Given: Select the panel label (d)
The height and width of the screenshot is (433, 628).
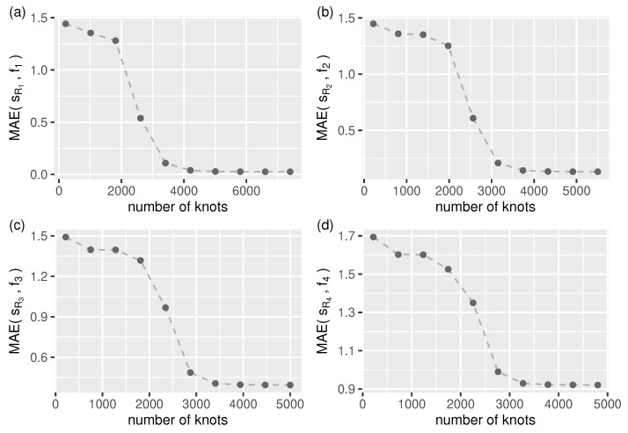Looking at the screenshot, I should point(325,223).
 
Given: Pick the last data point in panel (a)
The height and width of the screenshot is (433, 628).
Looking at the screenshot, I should point(289,172).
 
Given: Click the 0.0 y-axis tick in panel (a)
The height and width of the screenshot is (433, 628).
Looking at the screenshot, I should point(38,174).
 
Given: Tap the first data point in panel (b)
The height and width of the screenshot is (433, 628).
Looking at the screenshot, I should point(374,24).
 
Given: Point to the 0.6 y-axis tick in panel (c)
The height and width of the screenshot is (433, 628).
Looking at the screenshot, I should point(38,357).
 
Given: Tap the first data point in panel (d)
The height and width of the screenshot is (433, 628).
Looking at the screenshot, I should point(374,237).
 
